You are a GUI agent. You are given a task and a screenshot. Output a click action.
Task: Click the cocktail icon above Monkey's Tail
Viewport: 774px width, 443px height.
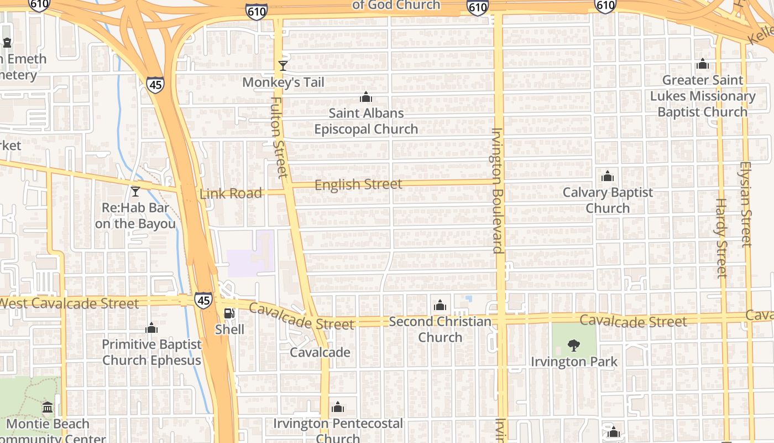pos(283,66)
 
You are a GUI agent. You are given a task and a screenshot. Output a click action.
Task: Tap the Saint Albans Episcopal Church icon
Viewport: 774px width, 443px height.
pos(366,97)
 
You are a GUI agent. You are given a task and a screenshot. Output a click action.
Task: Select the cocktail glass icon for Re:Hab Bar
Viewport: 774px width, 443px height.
pos(135,192)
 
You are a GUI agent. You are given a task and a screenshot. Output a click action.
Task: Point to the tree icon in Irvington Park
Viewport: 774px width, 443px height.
pos(574,346)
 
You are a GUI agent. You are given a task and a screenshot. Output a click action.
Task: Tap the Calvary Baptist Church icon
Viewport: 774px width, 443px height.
pos(608,177)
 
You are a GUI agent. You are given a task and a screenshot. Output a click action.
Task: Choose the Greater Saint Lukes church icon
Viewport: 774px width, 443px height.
pos(703,64)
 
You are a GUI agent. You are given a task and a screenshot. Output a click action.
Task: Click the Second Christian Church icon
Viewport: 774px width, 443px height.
pos(440,305)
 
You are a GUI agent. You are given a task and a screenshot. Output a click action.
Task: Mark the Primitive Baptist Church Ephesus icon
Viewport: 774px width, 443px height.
pos(151,328)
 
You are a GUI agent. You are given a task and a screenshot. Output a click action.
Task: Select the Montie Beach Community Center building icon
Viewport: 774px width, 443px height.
pos(48,408)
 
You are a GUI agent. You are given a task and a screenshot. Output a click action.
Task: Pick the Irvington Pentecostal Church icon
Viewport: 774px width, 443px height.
pos(338,408)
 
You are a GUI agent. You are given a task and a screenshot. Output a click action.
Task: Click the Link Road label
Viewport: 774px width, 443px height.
pos(231,193)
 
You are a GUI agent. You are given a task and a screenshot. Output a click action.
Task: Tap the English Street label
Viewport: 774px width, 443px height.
pos(358,184)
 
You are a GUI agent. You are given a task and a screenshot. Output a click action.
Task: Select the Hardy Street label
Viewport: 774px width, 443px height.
pos(721,238)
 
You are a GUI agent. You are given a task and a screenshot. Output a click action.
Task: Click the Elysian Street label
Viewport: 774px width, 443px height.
pos(746,204)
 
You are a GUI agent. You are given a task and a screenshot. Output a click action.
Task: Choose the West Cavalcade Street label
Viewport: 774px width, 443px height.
pos(70,303)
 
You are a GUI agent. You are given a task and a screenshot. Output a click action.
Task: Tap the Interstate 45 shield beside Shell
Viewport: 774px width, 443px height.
pos(203,300)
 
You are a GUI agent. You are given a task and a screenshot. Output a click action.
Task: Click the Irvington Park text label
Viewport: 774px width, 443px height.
pos(574,362)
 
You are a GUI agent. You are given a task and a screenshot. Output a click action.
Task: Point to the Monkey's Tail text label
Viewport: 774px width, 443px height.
pos(283,83)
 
